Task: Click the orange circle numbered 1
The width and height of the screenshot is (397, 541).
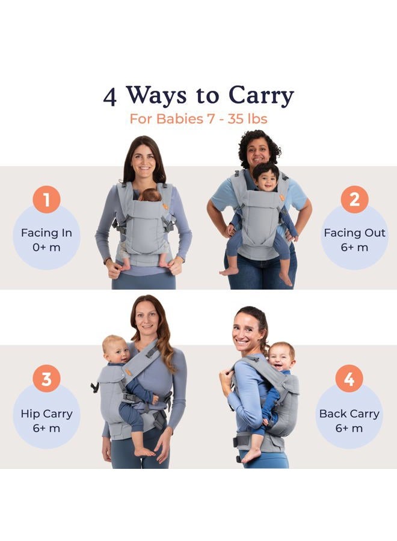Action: (47, 199)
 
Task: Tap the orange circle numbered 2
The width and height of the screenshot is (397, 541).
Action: (354, 199)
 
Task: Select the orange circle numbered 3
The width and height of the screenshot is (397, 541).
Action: (47, 379)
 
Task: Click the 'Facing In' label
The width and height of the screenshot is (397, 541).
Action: (46, 233)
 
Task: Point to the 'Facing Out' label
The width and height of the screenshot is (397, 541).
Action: (355, 233)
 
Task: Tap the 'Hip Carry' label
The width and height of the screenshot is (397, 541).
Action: (46, 414)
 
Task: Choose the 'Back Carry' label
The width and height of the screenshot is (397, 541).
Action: (349, 414)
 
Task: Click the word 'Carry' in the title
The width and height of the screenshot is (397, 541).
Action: (260, 96)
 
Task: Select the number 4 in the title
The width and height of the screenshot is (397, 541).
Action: (109, 96)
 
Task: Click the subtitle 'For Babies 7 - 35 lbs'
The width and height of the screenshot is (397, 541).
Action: (198, 118)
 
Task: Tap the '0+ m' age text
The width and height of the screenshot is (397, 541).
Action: (46, 248)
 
